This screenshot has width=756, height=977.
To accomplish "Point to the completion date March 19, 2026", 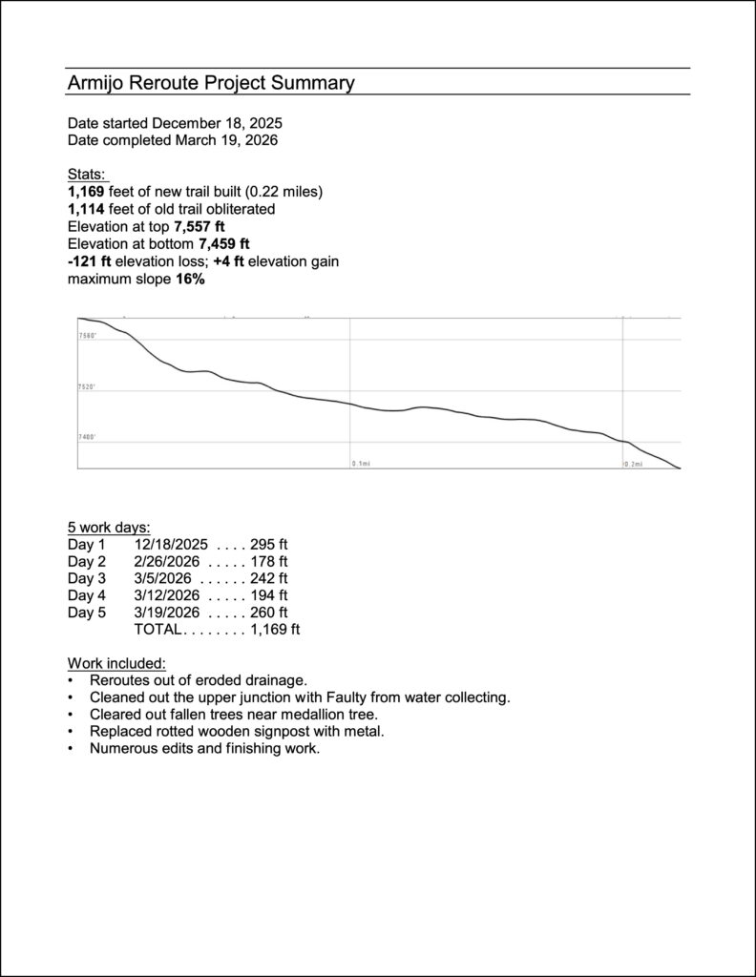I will coord(226,140).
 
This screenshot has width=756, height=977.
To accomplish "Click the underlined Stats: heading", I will coord(88,175).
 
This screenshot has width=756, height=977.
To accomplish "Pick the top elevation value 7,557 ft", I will coord(199,226).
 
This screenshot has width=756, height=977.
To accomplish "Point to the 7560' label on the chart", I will coord(88,336).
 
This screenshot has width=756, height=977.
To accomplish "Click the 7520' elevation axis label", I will coord(88,387).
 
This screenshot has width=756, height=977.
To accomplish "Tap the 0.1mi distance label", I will coord(361,463).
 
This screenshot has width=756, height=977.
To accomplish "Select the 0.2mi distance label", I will coord(633,463).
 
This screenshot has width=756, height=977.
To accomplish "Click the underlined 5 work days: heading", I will coord(109,527).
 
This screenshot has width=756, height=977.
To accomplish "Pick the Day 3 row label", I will coord(87,578).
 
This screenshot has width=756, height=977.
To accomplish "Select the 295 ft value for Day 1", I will coord(268,544).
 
